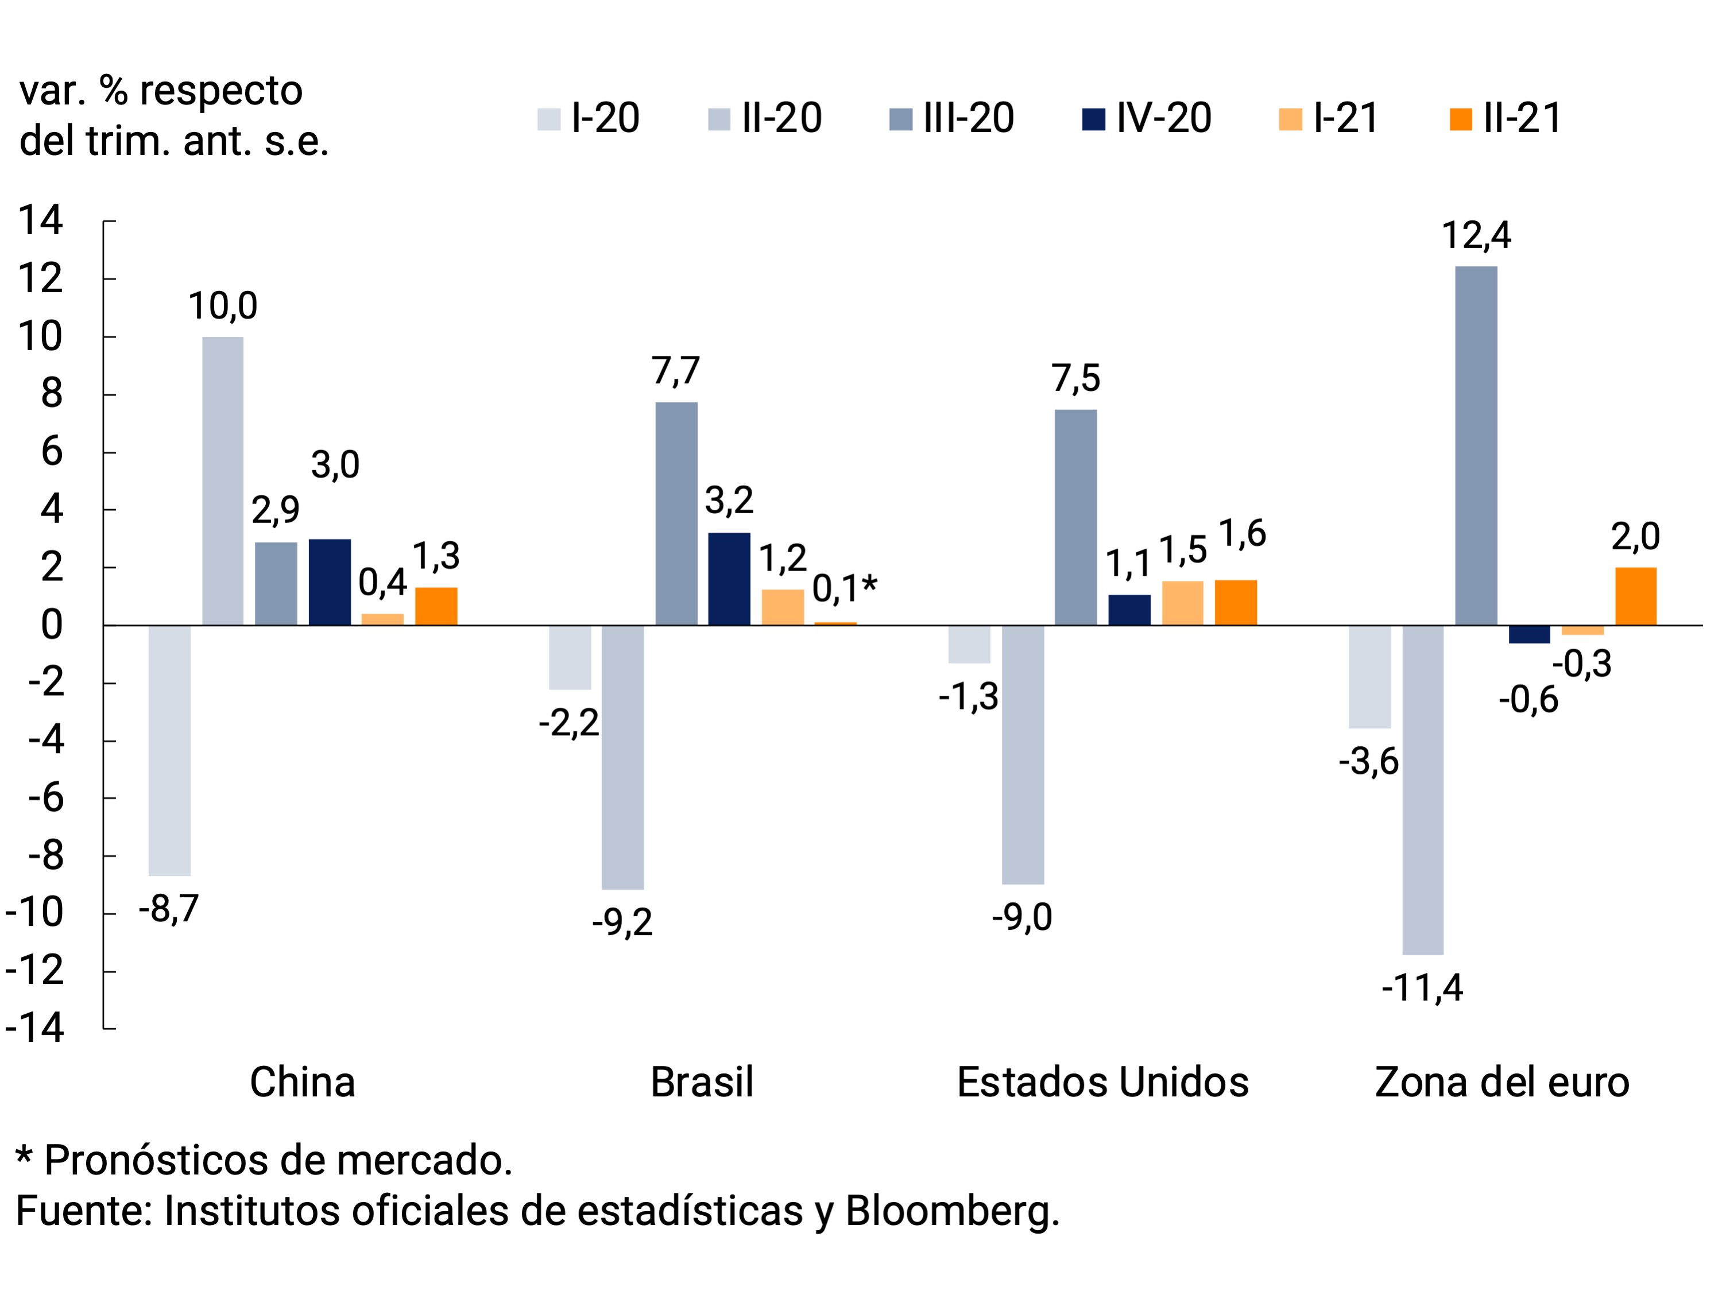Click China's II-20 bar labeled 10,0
tap(223, 481)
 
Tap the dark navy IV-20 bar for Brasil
tap(729, 579)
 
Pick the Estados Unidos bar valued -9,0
tap(1023, 754)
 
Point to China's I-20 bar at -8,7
tap(170, 750)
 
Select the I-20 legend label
tap(605, 118)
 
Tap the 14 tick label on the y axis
tap(41, 220)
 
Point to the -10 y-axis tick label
tap(34, 913)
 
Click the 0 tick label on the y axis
tap(51, 625)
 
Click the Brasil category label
tap(702, 1083)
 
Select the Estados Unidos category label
tap(1102, 1083)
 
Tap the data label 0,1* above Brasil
tap(845, 589)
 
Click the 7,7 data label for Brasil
tap(676, 371)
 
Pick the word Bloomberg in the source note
tap(951, 1211)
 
